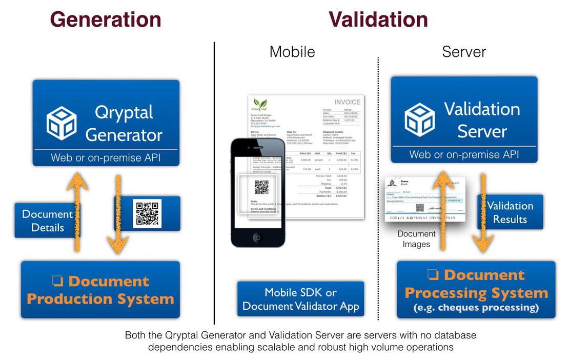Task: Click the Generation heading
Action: click(x=106, y=19)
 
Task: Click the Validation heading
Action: click(x=378, y=19)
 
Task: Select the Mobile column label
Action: click(x=292, y=52)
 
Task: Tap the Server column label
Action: click(x=464, y=52)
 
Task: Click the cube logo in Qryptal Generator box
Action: click(x=62, y=123)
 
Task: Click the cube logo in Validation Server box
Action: click(x=420, y=119)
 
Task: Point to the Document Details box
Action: click(x=44, y=221)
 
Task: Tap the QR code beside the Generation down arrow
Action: click(x=147, y=213)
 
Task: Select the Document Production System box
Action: click(x=100, y=290)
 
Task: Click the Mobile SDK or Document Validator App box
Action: click(x=300, y=299)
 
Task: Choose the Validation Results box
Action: click(x=510, y=212)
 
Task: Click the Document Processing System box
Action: click(x=476, y=290)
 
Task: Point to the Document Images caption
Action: click(x=416, y=239)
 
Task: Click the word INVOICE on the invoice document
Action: click(x=347, y=102)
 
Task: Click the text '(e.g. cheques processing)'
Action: click(x=476, y=308)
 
